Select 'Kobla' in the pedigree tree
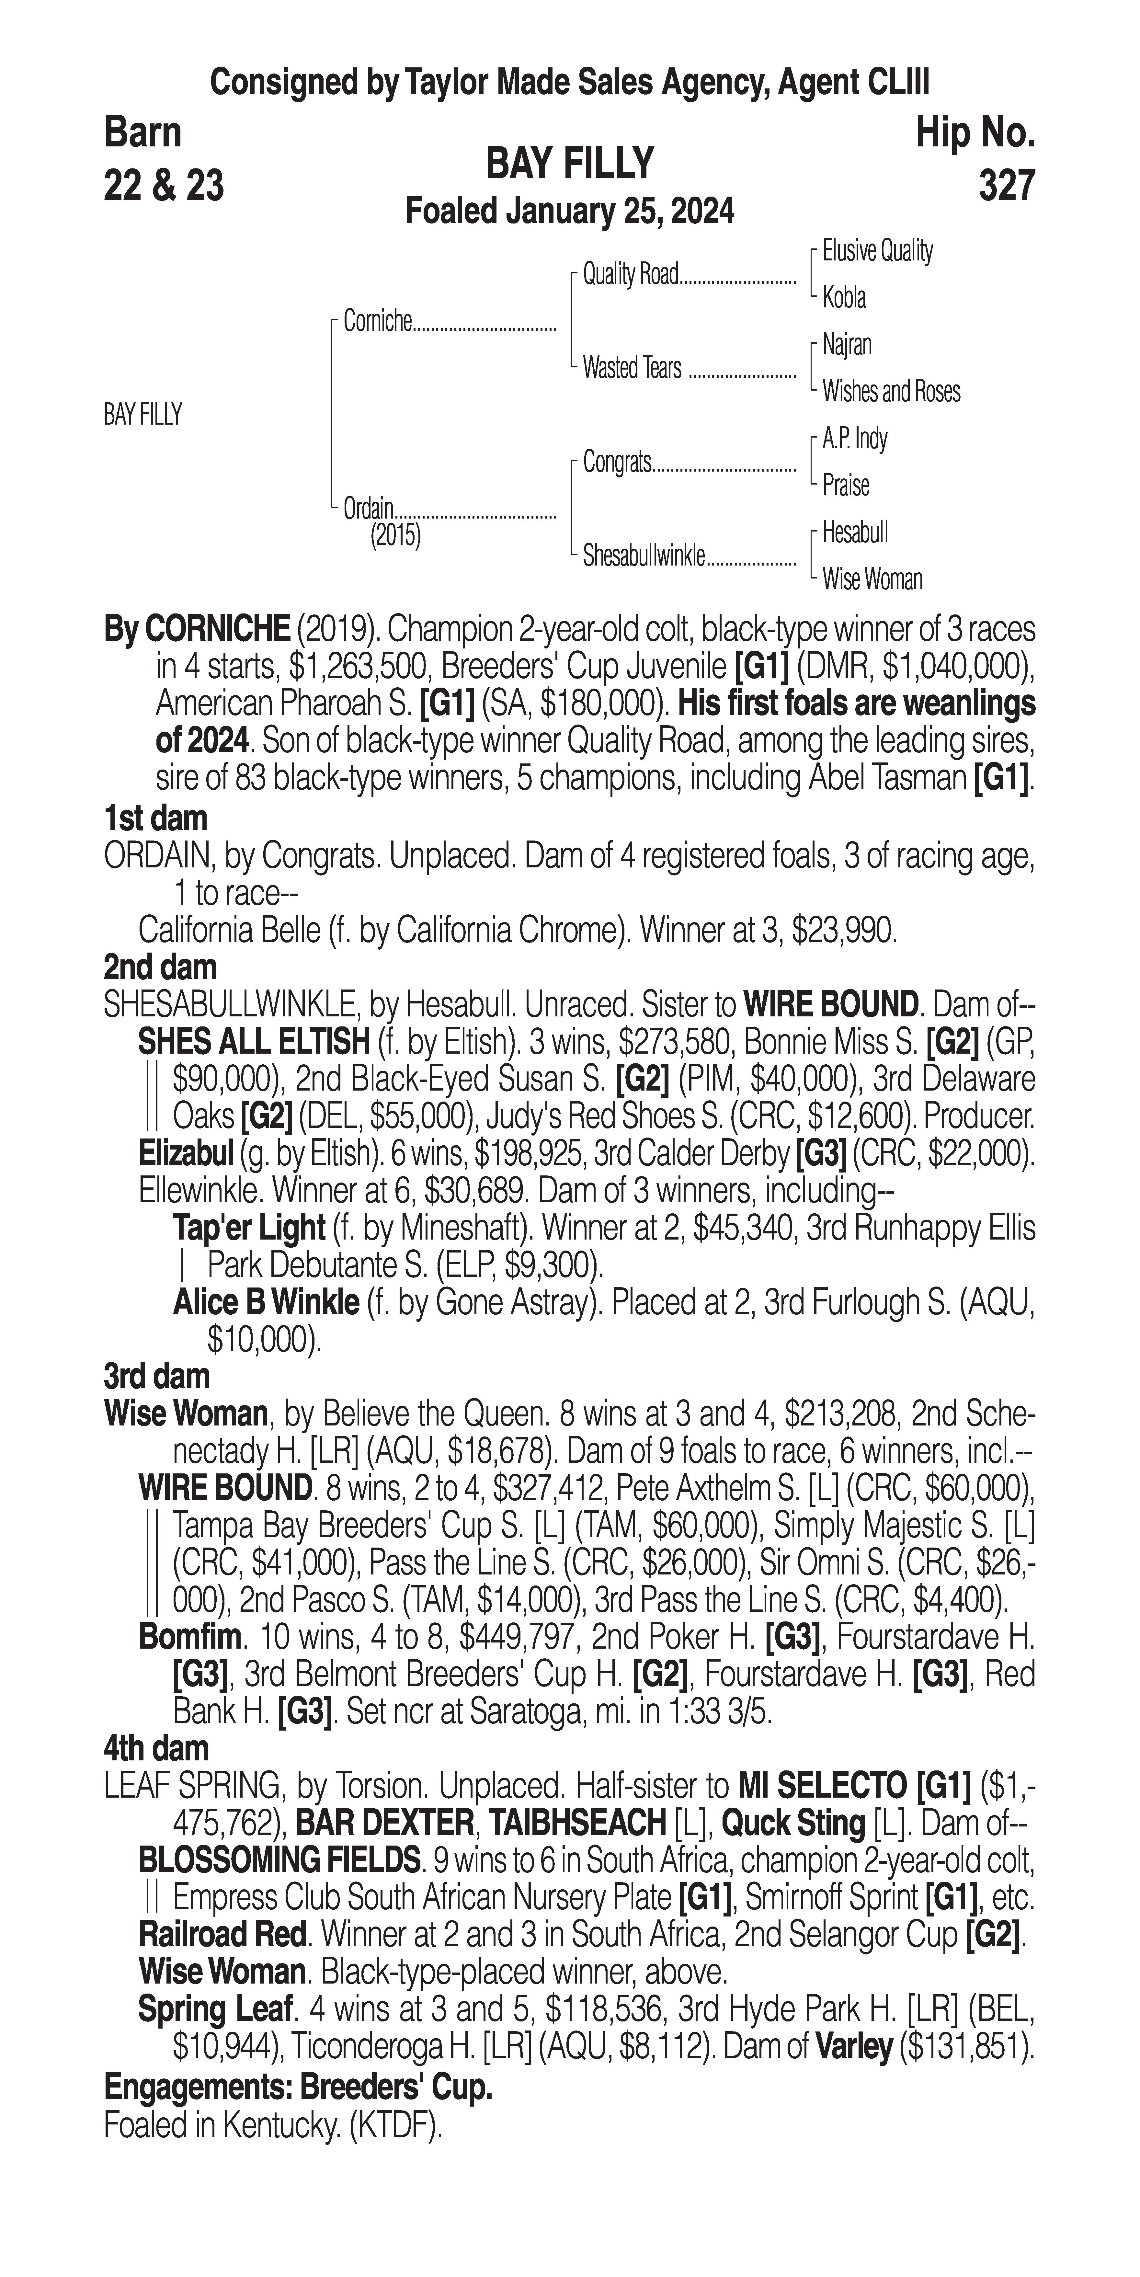coord(844,298)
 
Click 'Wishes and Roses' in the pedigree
coord(891,392)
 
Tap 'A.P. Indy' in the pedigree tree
coord(855,439)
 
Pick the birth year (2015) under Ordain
coord(395,536)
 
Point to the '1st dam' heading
coord(155,818)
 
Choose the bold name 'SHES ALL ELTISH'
coord(254,1042)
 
